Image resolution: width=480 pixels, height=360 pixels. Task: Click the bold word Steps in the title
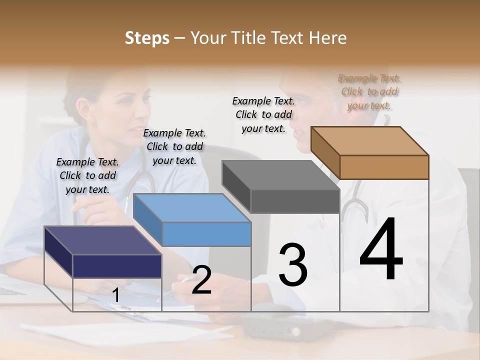pyautogui.click(x=147, y=38)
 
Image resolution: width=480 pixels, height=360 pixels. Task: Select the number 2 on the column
pyautogui.click(x=201, y=280)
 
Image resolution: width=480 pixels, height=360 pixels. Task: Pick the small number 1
pyautogui.click(x=115, y=296)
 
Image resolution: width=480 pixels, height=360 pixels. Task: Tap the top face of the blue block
pyautogui.click(x=191, y=207)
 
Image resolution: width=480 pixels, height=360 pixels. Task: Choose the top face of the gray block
pyautogui.click(x=280, y=175)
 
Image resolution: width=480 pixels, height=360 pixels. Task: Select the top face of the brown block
pyautogui.click(x=369, y=140)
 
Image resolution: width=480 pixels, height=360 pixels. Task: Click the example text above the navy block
pyautogui.click(x=87, y=175)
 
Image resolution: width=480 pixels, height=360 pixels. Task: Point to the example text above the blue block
pyautogui.click(x=174, y=146)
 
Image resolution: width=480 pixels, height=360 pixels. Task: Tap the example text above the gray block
pyautogui.click(x=263, y=114)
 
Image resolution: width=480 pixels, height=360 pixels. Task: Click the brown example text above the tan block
pyautogui.click(x=369, y=91)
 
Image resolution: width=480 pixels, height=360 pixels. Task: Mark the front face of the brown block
pyautogui.click(x=384, y=167)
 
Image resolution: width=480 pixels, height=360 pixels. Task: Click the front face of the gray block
pyautogui.click(x=295, y=201)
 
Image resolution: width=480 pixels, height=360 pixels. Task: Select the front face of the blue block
pyautogui.click(x=206, y=234)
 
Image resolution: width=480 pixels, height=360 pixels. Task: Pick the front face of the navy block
pyautogui.click(x=117, y=266)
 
